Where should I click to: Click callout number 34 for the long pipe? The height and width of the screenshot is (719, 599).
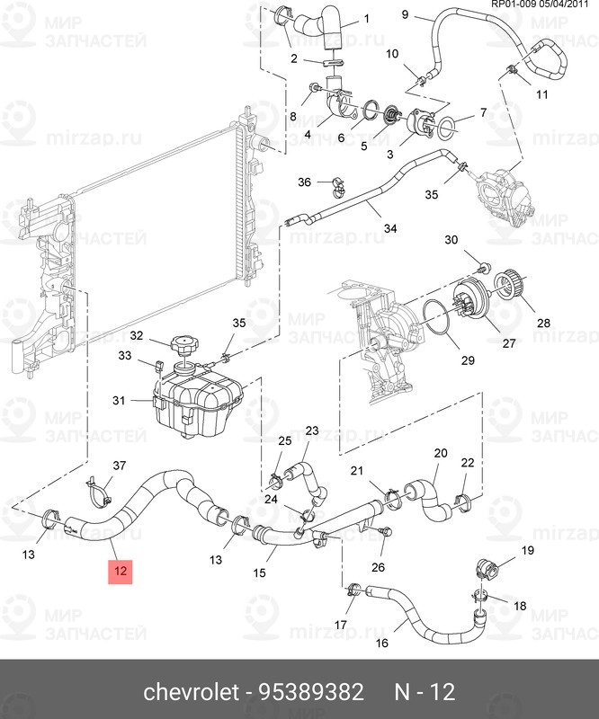point(389,228)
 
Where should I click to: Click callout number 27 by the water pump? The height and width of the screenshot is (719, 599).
point(509,343)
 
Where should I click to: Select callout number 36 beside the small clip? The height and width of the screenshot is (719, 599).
point(304,182)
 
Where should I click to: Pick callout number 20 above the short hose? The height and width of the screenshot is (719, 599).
point(441,452)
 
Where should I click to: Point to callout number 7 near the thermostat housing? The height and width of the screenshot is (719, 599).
point(482,113)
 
